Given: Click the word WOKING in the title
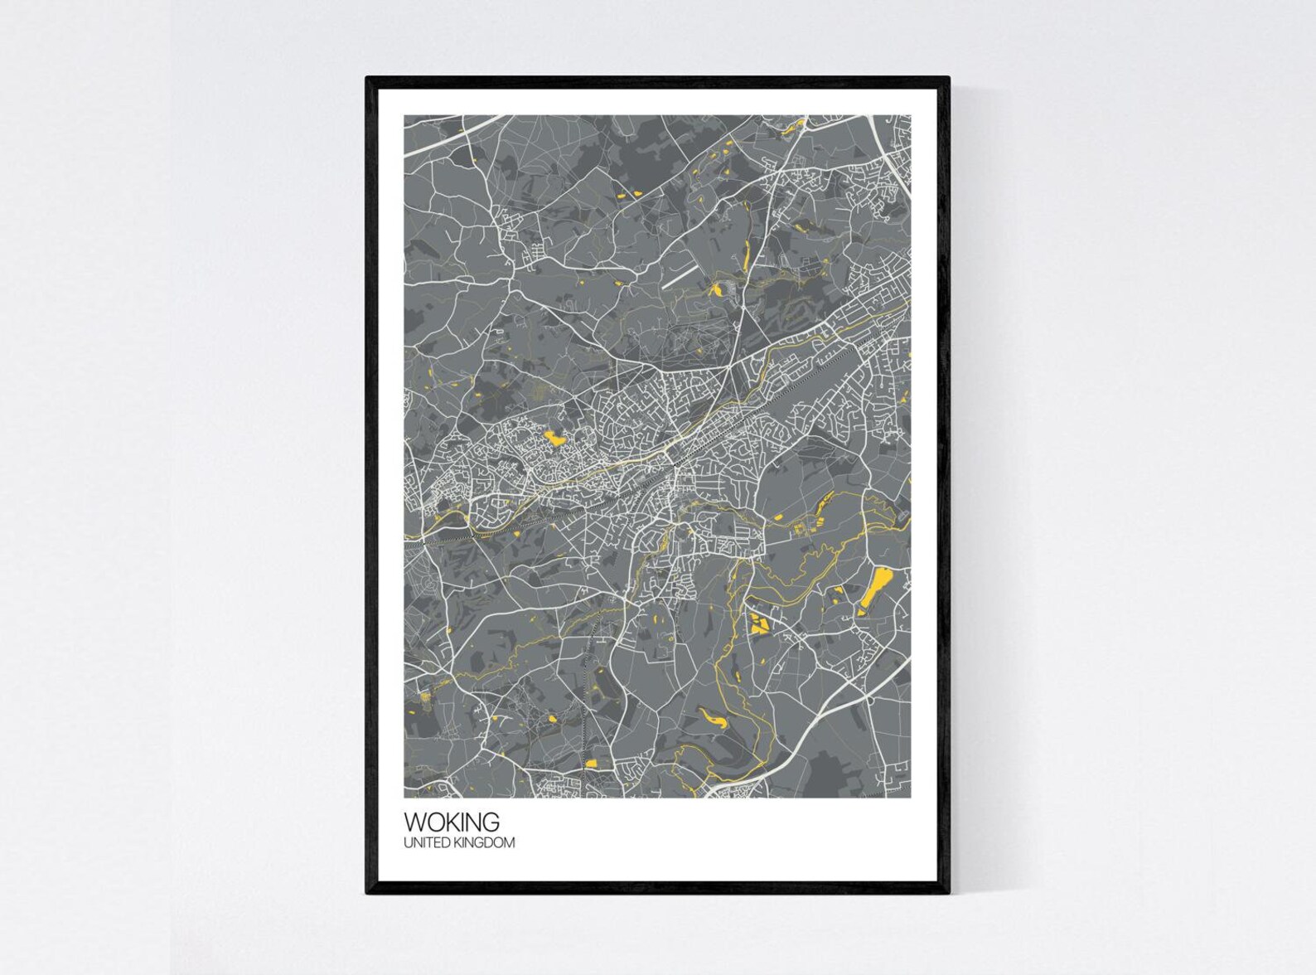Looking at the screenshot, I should [x=452, y=822].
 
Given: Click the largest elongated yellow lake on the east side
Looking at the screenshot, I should [x=873, y=588].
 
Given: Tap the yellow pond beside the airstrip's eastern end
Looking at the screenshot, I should [x=714, y=289].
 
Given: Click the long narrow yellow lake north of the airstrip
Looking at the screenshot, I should [x=746, y=252].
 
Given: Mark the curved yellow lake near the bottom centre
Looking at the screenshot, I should [x=714, y=718].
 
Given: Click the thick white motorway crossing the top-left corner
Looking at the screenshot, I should [x=452, y=136].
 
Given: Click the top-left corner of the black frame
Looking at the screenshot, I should [x=368, y=79].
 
